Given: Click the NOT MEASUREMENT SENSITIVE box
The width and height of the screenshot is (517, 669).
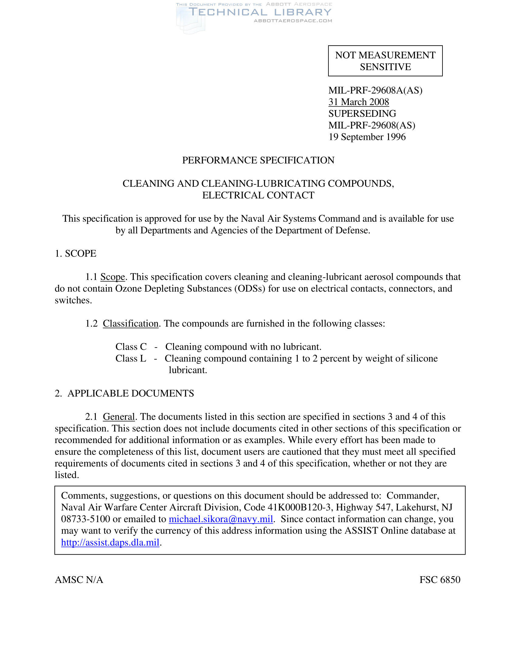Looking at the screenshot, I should tap(385, 61).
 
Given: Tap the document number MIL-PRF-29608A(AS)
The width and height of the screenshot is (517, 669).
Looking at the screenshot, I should tap(375, 90).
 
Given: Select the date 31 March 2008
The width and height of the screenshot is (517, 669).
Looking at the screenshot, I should tap(358, 102).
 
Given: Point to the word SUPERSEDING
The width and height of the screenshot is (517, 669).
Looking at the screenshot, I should tap(362, 114).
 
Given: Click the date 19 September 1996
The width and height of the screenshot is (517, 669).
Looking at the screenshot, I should tap(367, 137).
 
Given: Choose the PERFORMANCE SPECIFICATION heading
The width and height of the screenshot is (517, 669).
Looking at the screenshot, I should tap(258, 160).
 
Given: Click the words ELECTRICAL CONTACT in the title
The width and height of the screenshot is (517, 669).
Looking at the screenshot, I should tap(258, 195).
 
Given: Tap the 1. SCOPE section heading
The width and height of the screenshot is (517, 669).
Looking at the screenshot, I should tap(75, 253).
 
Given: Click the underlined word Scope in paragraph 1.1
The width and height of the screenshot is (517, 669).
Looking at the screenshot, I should tap(113, 277).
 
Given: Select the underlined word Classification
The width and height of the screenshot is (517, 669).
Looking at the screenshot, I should tap(130, 324).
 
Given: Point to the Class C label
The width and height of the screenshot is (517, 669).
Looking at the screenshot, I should tap(131, 347).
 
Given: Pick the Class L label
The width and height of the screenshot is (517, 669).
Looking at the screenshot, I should tap(130, 359).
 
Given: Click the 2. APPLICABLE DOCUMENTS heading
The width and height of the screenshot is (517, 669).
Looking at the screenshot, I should tap(124, 393).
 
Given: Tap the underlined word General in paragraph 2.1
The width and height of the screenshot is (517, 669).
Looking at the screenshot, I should tap(119, 417).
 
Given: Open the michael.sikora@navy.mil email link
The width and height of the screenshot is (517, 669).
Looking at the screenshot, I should tap(220, 519).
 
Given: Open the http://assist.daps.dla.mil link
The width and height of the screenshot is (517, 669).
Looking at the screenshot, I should tap(110, 542).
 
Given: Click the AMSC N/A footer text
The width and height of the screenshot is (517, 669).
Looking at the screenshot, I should tap(79, 580).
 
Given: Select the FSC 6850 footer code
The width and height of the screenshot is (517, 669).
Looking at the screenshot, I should tap(440, 580).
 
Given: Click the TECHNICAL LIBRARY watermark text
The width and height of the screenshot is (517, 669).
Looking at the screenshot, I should tap(260, 12).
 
